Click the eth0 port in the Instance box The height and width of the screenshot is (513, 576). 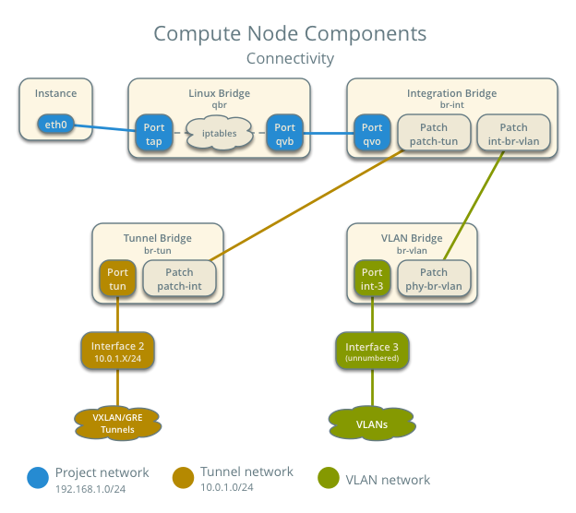(55, 125)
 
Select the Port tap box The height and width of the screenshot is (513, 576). (152, 135)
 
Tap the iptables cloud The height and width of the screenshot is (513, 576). (218, 133)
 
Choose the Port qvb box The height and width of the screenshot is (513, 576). (284, 135)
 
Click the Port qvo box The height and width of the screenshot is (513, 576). (372, 135)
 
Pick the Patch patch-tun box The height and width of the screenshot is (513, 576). (433, 135)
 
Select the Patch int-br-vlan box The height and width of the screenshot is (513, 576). (513, 135)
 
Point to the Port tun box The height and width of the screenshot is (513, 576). (117, 279)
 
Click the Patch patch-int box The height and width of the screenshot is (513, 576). (179, 279)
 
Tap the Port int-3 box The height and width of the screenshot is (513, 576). (372, 279)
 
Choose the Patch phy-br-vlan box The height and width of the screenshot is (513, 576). (433, 279)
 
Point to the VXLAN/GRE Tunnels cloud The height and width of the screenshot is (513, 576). (117, 423)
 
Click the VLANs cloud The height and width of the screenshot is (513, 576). (371, 423)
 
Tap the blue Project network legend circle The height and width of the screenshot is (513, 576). (38, 478)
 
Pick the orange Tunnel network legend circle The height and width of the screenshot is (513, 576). (184, 478)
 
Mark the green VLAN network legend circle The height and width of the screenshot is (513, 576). (329, 478)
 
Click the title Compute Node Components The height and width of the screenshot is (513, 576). (289, 34)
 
